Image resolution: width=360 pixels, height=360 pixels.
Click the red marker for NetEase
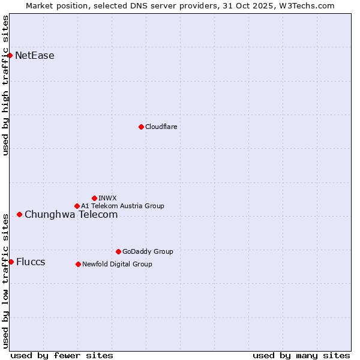(x=10, y=56)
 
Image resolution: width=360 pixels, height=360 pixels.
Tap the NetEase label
(x=35, y=56)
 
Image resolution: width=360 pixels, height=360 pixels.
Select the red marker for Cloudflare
(x=141, y=127)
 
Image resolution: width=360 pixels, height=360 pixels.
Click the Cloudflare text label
(x=161, y=127)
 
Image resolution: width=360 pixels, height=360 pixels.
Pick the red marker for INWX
(x=94, y=198)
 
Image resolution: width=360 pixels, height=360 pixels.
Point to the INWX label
(x=107, y=198)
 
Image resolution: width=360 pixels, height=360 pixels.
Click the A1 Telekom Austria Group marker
(x=77, y=206)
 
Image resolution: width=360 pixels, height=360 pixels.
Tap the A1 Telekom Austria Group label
(x=122, y=206)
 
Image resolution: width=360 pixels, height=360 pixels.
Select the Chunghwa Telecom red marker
(x=19, y=214)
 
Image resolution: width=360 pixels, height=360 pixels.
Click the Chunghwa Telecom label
(x=71, y=214)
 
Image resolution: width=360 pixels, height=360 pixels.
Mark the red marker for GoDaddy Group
(x=118, y=251)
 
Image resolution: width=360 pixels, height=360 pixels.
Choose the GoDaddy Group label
(x=148, y=251)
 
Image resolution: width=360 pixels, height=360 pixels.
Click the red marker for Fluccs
(x=11, y=262)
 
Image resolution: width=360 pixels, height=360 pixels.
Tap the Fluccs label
(x=31, y=262)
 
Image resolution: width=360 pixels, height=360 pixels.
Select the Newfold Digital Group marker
(x=78, y=264)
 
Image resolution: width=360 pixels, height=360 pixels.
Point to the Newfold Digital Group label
(x=117, y=264)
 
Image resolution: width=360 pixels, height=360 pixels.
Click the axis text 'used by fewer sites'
(x=61, y=355)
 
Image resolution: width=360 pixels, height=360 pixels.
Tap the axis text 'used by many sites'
(x=301, y=355)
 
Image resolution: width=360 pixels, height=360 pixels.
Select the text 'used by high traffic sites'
(x=5, y=85)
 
